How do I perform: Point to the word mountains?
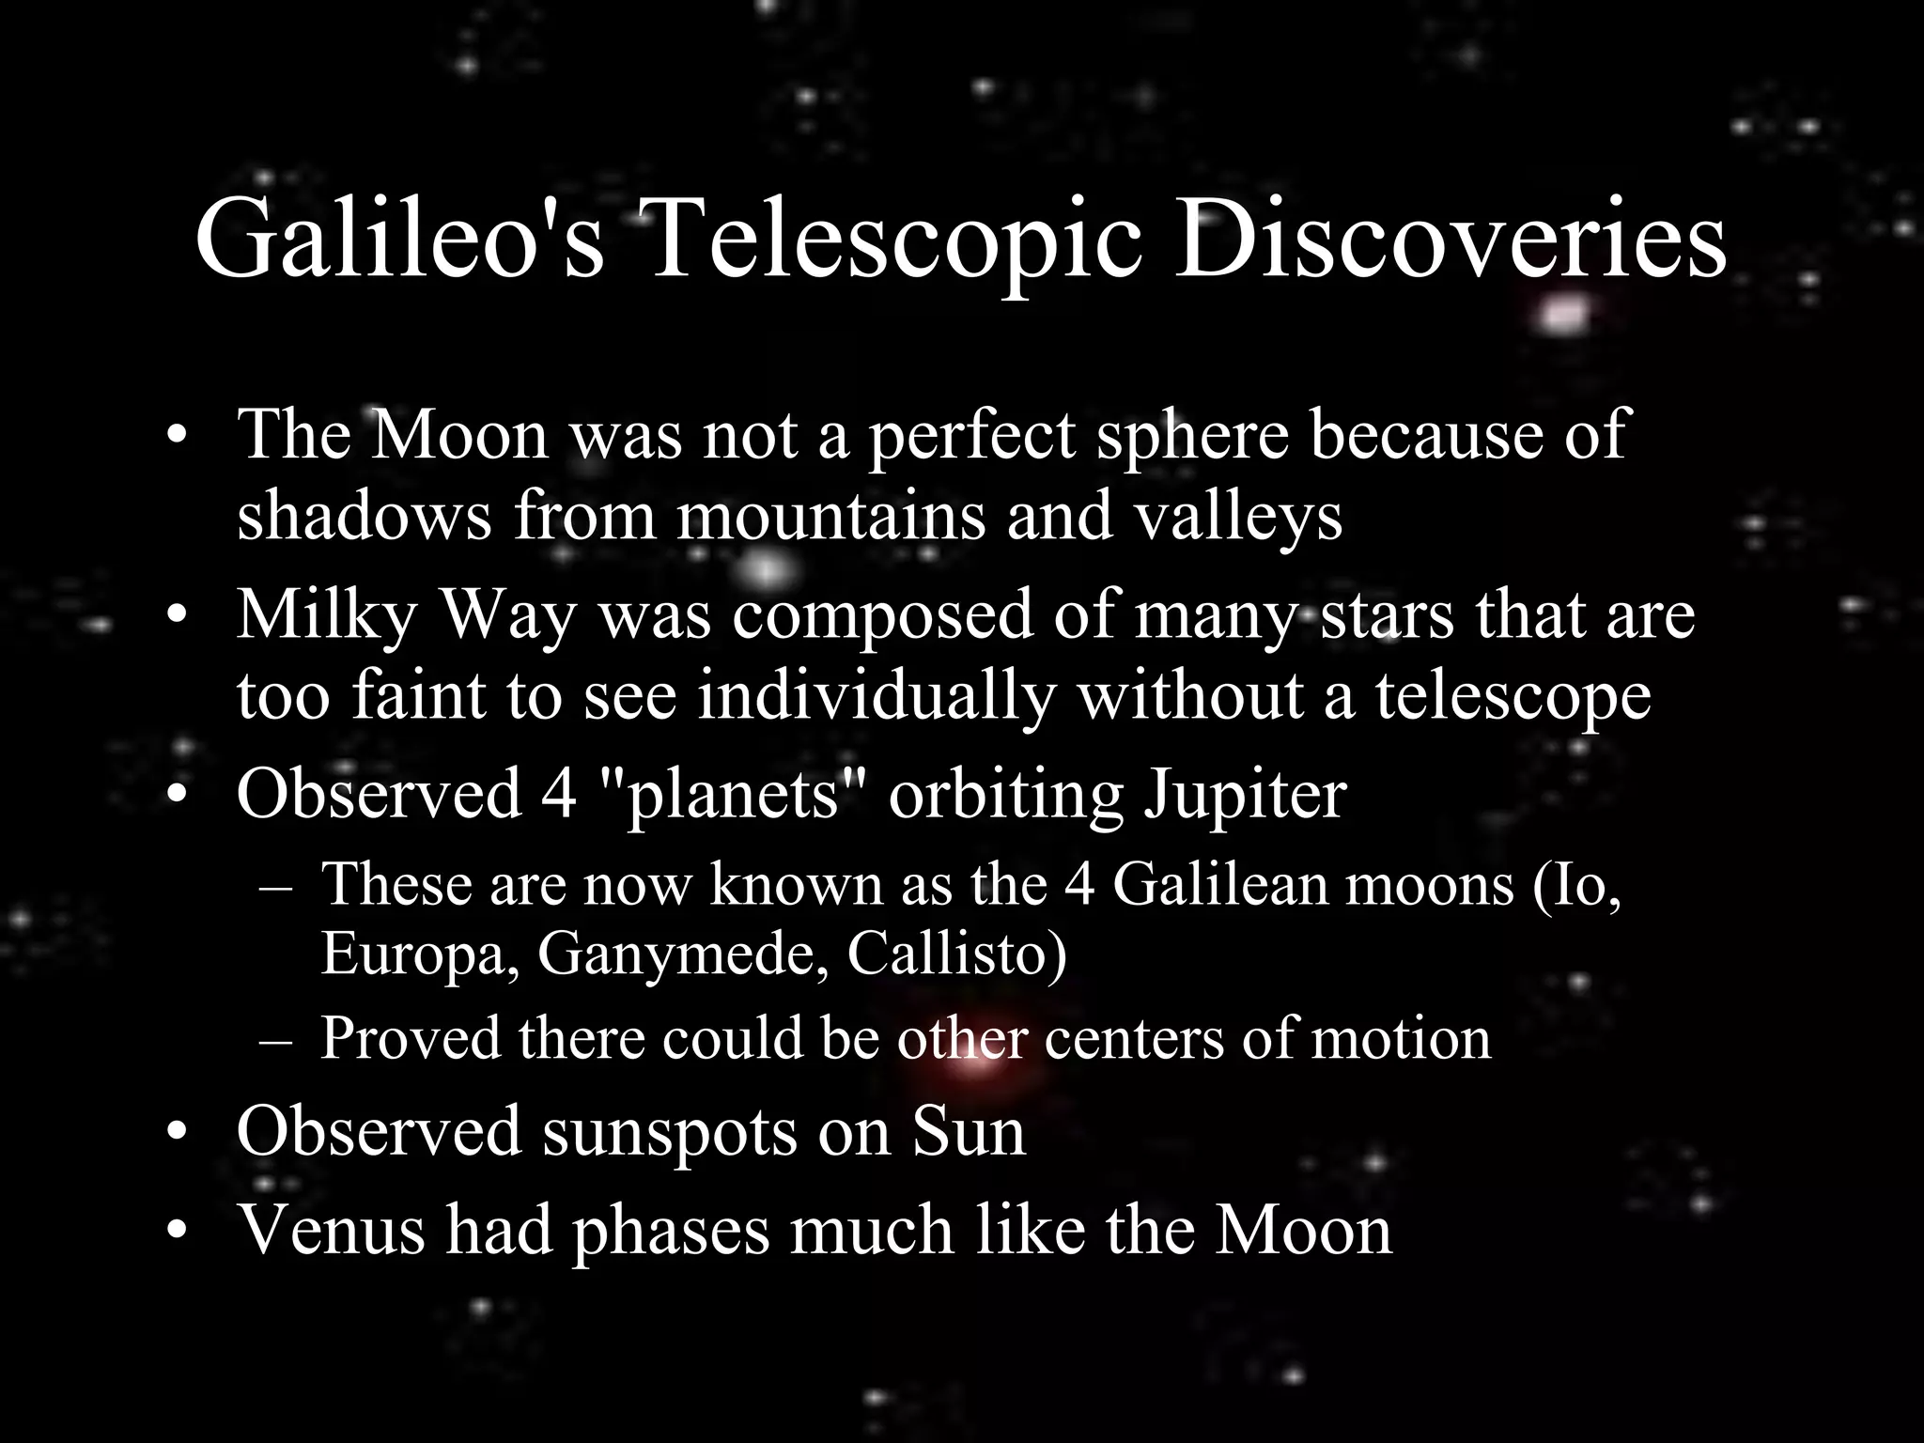(x=830, y=516)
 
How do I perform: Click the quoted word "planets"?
(x=732, y=794)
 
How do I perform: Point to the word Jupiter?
(x=1244, y=794)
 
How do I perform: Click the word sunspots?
(x=668, y=1131)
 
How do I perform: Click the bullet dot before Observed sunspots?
(x=176, y=1135)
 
